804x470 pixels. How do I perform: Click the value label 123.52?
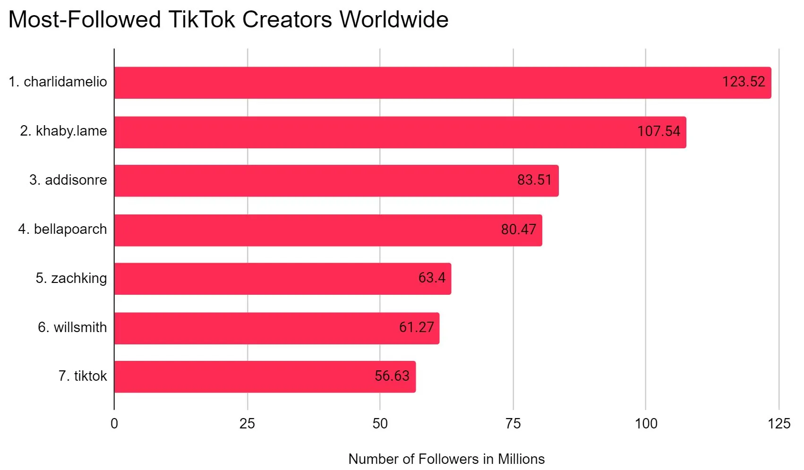(743, 82)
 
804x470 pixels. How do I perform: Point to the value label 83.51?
(534, 180)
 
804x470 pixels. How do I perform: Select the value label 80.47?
(518, 230)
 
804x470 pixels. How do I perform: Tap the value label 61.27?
(416, 327)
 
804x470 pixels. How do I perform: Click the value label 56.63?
(392, 376)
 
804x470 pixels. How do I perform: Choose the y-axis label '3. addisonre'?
(68, 180)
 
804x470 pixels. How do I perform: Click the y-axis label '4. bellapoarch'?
(62, 229)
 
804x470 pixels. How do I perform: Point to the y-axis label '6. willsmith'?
(72, 327)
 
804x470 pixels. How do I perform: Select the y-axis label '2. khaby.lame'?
(63, 131)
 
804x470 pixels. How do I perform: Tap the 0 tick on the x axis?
(114, 424)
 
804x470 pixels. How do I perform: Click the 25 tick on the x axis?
(247, 424)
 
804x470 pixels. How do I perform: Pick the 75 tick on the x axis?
(513, 424)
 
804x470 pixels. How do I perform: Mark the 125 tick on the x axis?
(778, 424)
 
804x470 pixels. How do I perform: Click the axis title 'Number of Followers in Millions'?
(446, 459)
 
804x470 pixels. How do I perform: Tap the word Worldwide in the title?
(393, 20)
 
